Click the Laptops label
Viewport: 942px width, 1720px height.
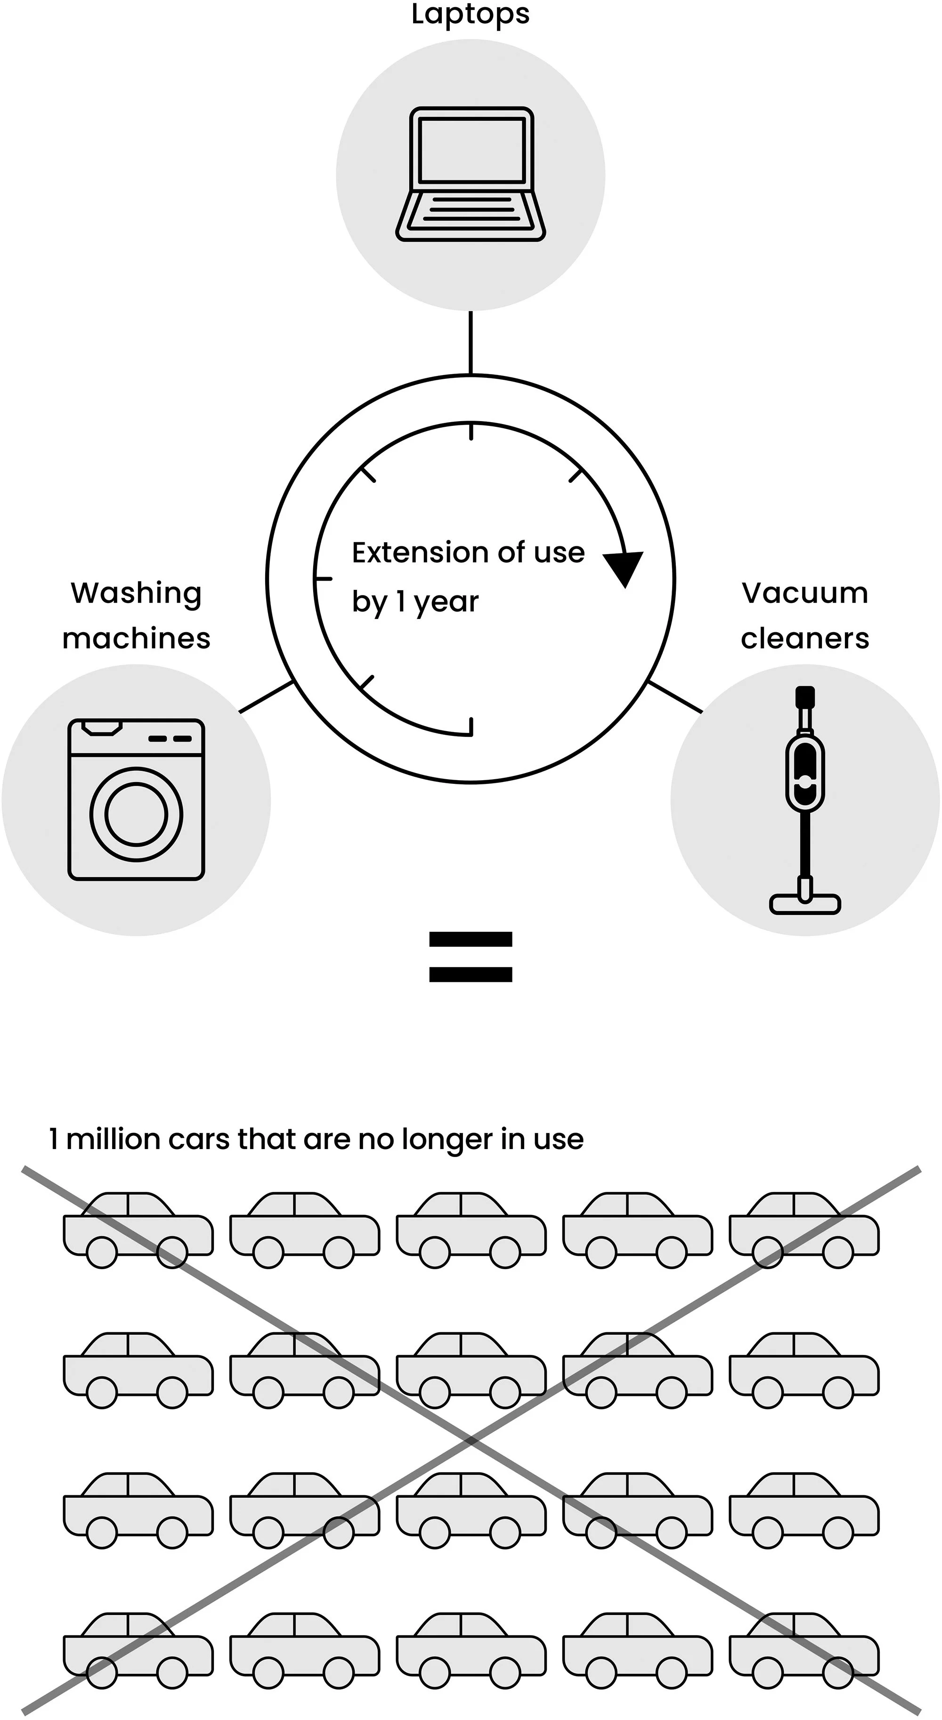click(x=470, y=15)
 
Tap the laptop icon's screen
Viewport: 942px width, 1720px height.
click(x=471, y=150)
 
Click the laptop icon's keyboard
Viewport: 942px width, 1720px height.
click(x=471, y=210)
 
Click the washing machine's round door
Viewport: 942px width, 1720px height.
click(x=136, y=815)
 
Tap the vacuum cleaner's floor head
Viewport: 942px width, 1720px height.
click(x=804, y=904)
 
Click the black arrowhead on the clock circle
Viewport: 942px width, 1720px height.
click(x=624, y=567)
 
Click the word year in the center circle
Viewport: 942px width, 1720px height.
click(x=446, y=602)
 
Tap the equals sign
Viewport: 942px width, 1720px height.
click(x=471, y=957)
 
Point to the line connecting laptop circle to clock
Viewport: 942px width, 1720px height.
click(x=471, y=342)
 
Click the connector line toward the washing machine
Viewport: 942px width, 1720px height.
click(x=266, y=697)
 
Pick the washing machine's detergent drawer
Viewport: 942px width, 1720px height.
click(x=101, y=728)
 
